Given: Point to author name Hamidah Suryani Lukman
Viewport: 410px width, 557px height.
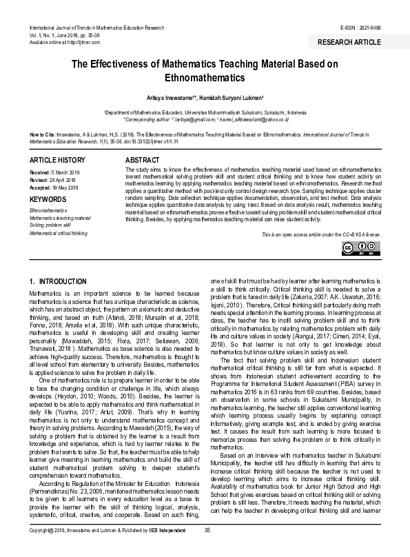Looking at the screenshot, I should tap(227, 98).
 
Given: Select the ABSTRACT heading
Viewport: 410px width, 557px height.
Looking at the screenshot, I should tap(141, 159).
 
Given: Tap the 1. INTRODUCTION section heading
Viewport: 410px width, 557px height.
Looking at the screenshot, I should tap(59, 283).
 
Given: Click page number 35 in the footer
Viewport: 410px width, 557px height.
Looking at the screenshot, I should tap(207, 549).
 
